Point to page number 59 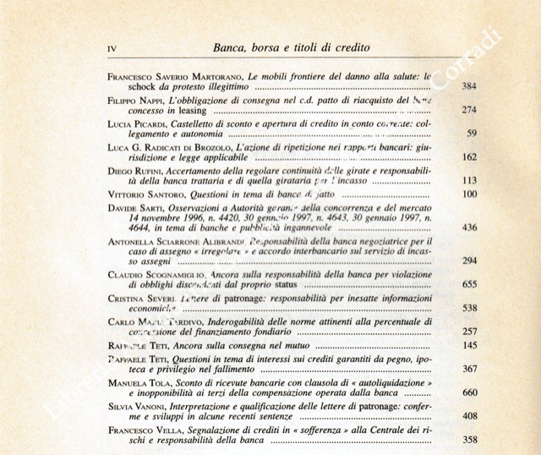point(473,133)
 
